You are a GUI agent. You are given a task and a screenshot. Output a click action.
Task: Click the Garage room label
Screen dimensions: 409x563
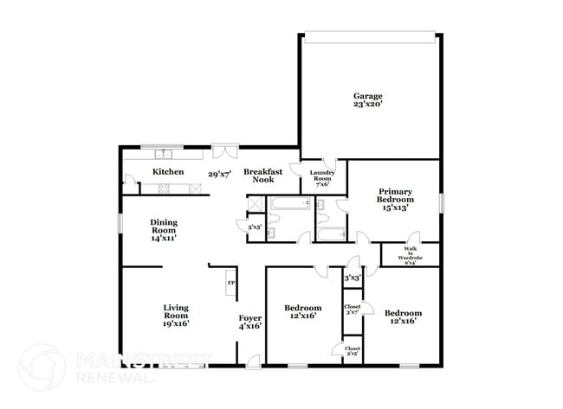pos(367,95)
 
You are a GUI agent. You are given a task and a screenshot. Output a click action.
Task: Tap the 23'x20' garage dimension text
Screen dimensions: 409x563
pos(367,105)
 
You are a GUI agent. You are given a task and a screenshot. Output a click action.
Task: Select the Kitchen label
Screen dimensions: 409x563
pos(168,172)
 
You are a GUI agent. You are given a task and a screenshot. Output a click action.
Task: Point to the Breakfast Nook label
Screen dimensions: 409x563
pos(259,176)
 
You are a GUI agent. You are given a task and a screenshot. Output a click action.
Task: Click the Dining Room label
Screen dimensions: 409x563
pos(164,227)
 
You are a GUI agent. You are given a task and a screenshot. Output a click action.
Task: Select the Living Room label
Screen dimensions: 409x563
pos(176,312)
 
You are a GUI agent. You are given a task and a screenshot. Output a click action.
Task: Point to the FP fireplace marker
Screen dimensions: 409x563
pos(230,283)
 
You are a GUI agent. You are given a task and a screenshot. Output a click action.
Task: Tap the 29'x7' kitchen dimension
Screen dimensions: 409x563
pos(218,174)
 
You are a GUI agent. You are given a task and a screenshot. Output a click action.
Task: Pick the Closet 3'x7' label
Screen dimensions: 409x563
pos(353,310)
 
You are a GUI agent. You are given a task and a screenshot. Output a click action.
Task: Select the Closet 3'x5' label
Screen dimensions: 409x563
pos(353,350)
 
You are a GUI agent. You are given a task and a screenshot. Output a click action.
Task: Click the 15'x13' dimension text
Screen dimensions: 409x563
pos(394,207)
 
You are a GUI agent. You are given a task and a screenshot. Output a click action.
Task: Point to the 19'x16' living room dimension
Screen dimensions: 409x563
pos(176,323)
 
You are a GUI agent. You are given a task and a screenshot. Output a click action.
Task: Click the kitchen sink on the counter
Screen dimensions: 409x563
pos(164,155)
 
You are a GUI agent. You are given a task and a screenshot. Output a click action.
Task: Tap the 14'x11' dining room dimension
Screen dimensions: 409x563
pos(164,238)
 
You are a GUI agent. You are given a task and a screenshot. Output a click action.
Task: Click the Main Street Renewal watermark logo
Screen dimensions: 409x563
pos(95,367)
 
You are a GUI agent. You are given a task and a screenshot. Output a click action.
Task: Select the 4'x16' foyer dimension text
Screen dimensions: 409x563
pos(250,326)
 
